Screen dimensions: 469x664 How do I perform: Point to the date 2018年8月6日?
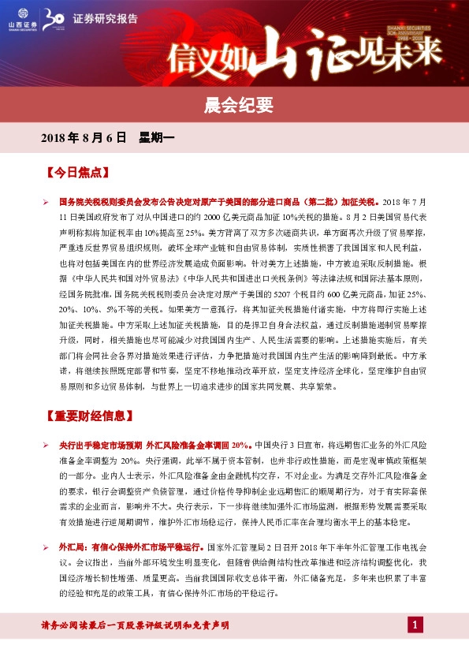point(84,137)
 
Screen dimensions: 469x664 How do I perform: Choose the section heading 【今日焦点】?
point(77,171)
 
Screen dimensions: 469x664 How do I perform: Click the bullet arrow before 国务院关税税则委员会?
point(47,203)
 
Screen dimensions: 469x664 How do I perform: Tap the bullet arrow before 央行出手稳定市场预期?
point(47,446)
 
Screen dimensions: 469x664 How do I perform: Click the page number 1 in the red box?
point(415,625)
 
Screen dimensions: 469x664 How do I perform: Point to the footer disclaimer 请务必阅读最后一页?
point(135,625)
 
